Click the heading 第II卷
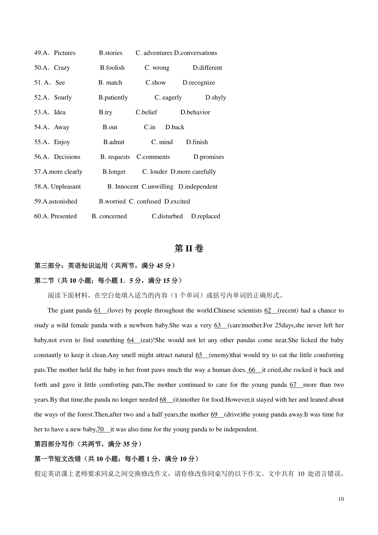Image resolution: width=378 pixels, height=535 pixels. click(189, 249)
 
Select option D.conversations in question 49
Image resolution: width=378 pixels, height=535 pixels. click(195, 53)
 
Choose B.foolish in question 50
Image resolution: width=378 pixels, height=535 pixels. click(112, 68)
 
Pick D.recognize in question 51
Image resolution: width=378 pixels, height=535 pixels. click(198, 83)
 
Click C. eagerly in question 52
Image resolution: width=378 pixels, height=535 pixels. click(168, 97)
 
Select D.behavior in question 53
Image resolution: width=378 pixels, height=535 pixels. click(195, 112)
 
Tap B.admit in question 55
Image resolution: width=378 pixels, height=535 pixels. click(114, 142)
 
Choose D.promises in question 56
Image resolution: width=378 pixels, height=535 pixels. click(209, 157)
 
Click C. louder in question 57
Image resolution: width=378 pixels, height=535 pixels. click(155, 172)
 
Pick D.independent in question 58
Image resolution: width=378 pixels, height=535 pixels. click(198, 187)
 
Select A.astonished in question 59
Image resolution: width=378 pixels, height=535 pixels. click(55, 201)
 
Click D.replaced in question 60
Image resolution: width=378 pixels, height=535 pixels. click(205, 216)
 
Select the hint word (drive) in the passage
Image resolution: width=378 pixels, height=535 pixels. click(233, 414)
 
